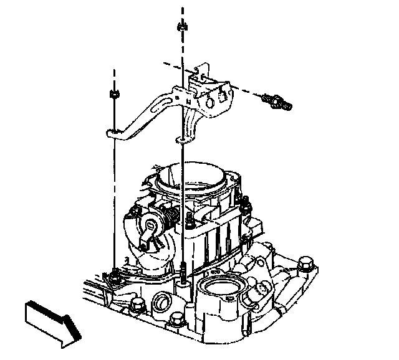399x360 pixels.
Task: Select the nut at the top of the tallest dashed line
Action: (x=182, y=27)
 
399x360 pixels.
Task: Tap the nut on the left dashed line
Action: (x=113, y=94)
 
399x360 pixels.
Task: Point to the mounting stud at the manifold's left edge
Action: (x=115, y=274)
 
